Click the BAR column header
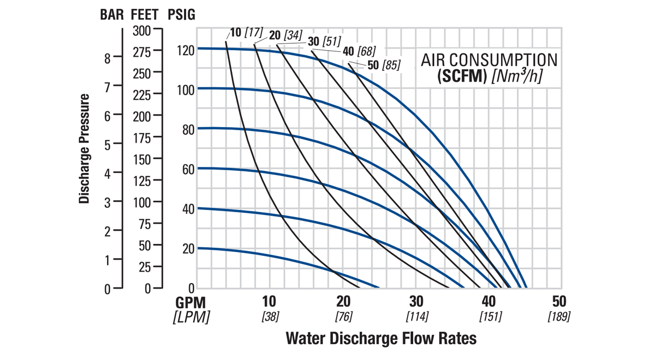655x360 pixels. point(112,15)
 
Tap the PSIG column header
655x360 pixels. point(181,15)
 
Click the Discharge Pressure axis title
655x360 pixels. point(84,148)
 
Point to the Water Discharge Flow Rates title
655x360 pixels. point(381,338)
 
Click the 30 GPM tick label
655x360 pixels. point(416,302)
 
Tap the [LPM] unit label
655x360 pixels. point(191,317)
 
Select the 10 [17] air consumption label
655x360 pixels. point(246,32)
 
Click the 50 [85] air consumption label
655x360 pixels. point(384,65)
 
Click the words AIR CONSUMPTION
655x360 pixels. point(489,60)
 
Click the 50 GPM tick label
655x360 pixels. point(559,302)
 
